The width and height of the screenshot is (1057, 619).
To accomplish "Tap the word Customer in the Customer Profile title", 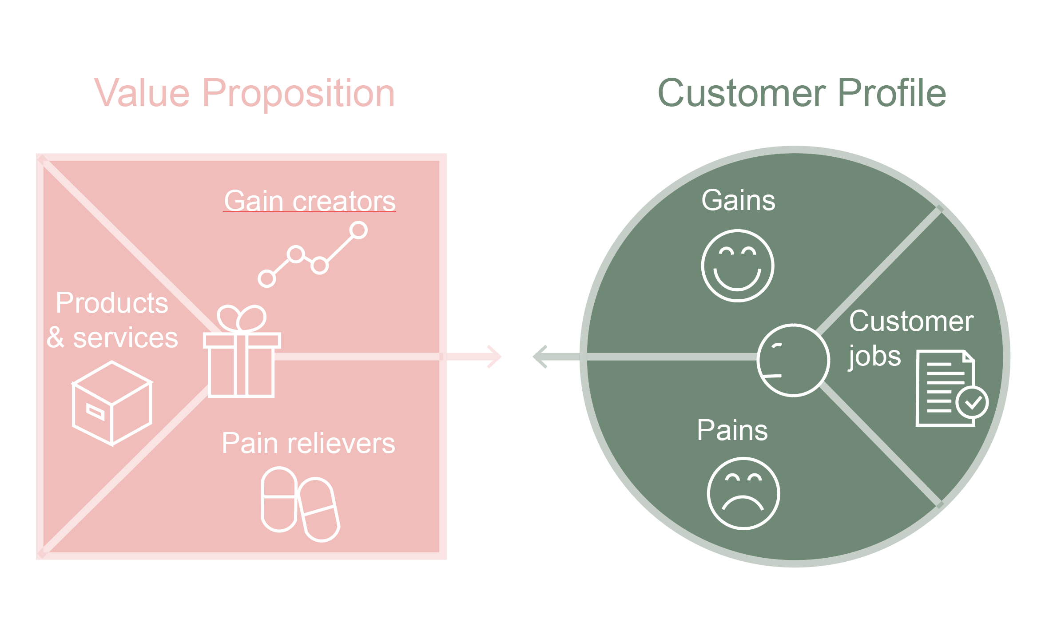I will pyautogui.click(x=741, y=93).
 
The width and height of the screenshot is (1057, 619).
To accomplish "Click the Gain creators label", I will pyautogui.click(x=310, y=201).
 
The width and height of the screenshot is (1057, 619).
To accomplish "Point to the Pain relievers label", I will pyautogui.click(x=308, y=443).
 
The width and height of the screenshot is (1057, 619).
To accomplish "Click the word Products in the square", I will pyautogui.click(x=112, y=303).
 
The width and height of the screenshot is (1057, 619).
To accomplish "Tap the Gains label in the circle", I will pyautogui.click(x=738, y=200).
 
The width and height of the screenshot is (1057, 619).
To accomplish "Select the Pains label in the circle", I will pyautogui.click(x=732, y=430).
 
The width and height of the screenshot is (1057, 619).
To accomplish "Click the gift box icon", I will pyautogui.click(x=242, y=364).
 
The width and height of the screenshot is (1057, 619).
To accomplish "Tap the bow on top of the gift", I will pyautogui.click(x=242, y=318).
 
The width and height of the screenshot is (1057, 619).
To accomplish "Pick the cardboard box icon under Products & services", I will pyautogui.click(x=112, y=403).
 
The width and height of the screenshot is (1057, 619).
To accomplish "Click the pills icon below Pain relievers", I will pyautogui.click(x=300, y=504).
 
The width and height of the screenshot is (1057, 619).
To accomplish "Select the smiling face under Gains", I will pyautogui.click(x=738, y=266).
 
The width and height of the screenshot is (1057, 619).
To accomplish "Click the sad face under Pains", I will pyautogui.click(x=743, y=493).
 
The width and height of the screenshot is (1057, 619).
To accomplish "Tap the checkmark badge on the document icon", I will pyautogui.click(x=972, y=403).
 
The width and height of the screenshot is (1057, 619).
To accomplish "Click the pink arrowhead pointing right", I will pyautogui.click(x=495, y=357).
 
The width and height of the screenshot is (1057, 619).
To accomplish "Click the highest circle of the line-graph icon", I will pyautogui.click(x=358, y=230).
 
